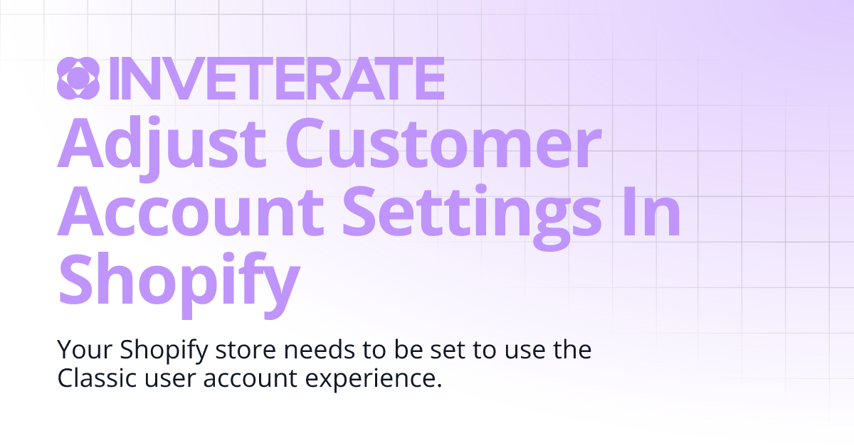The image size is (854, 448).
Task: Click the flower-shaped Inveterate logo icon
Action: click(78, 78)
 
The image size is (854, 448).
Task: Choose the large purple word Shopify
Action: click(177, 279)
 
